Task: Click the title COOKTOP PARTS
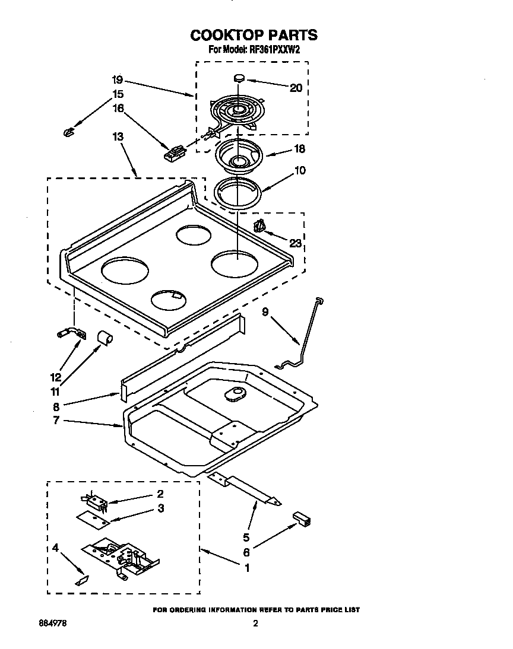[x=254, y=35]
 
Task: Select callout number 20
[x=296, y=88]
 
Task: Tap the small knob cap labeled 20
[x=239, y=77]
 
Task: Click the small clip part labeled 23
[x=259, y=227]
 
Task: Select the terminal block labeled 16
[x=173, y=154]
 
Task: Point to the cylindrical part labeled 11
[x=105, y=338]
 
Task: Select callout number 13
[x=118, y=136]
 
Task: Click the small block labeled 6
[x=302, y=519]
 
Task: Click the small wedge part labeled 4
[x=81, y=580]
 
